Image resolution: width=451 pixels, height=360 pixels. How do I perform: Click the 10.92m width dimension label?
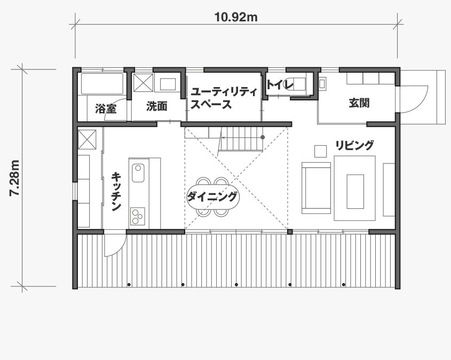(236, 17)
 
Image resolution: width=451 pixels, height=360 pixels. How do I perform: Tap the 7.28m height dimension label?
(14, 178)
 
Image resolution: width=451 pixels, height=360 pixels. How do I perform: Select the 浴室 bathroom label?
(106, 109)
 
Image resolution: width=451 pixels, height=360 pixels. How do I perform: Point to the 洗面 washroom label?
(157, 106)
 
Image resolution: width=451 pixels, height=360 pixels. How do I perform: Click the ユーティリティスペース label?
(224, 98)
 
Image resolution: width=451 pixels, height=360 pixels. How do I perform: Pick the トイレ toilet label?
(280, 84)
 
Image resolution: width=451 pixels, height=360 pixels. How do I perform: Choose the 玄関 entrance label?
(359, 103)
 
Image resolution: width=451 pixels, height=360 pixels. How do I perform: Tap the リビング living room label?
(354, 145)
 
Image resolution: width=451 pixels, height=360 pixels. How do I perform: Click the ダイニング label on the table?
(212, 197)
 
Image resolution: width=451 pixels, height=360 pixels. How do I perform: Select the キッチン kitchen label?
(116, 191)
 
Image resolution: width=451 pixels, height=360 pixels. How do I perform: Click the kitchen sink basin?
(138, 173)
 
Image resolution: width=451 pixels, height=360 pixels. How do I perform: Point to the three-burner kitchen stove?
(138, 216)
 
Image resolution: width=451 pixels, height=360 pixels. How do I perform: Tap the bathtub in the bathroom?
(102, 84)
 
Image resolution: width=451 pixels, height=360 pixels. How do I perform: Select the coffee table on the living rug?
(355, 191)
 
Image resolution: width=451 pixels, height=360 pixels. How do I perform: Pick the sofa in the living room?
(316, 188)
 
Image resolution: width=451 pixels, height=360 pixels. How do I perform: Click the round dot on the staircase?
(263, 137)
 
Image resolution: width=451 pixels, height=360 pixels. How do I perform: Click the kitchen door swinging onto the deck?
(115, 245)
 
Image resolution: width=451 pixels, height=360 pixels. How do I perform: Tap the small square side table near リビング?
(320, 151)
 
